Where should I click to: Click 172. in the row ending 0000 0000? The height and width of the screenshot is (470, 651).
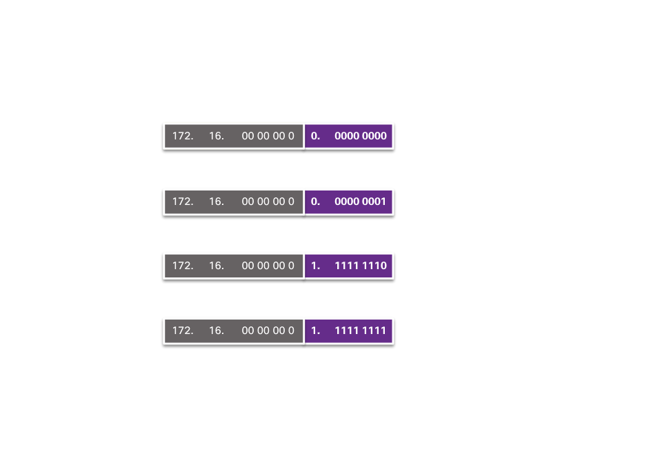point(183,136)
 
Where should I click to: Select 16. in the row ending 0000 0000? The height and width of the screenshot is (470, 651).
point(217,136)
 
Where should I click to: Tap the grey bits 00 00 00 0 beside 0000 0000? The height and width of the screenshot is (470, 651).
point(268,136)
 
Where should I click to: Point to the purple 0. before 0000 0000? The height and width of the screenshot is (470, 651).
point(316,136)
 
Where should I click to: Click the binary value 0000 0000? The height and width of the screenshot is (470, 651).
point(361,136)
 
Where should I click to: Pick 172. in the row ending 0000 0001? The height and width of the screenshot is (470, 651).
point(183,202)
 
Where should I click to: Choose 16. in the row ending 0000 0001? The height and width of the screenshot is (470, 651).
point(217,202)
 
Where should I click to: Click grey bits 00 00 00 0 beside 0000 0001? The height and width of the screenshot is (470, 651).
point(268,202)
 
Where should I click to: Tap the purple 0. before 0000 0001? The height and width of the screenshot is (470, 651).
point(316,202)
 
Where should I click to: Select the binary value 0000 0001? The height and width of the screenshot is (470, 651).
point(361,202)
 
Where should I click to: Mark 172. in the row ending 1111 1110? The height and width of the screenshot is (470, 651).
point(183,266)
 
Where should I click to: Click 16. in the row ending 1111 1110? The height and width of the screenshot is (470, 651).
point(217,266)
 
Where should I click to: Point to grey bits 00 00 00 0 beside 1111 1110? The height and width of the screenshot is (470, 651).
point(268,266)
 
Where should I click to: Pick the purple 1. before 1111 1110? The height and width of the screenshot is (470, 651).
point(316,266)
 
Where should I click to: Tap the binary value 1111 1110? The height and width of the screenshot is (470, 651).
point(361,266)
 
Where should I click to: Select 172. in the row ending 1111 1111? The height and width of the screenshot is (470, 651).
point(183,331)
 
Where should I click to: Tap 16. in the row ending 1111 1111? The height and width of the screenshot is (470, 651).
point(217,331)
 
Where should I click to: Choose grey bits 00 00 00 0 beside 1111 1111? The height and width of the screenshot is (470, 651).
point(268,331)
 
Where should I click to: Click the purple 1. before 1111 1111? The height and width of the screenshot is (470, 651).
point(316,331)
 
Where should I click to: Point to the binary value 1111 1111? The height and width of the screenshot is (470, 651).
point(361,331)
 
